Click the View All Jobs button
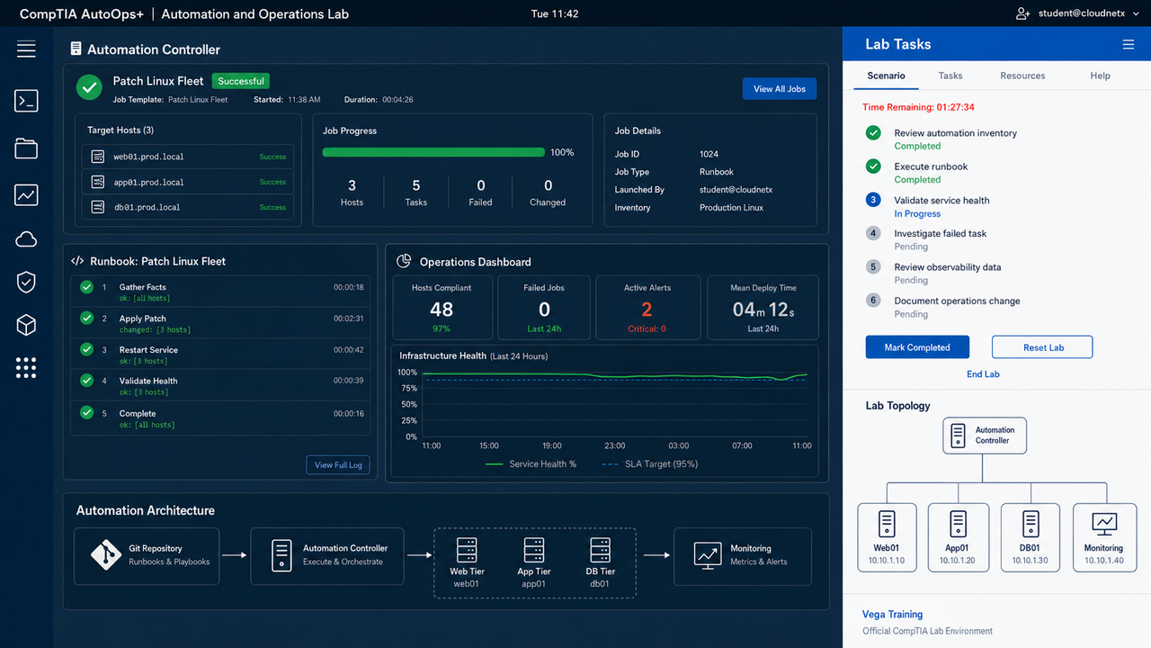(779, 89)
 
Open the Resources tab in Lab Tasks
(1022, 76)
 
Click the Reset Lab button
(1042, 347)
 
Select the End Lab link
(983, 373)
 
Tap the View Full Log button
(338, 465)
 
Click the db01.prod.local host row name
(147, 207)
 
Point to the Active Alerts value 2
(647, 309)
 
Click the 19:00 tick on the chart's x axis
(551, 445)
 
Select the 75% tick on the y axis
(409, 388)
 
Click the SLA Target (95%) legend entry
(649, 463)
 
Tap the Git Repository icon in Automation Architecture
(106, 555)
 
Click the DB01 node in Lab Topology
(1030, 537)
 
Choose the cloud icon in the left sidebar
(26, 239)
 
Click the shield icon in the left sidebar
(26, 282)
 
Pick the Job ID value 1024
(709, 154)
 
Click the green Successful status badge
(240, 81)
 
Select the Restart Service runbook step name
(148, 350)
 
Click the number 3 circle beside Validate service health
(873, 200)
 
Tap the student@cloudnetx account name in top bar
(1081, 13)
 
